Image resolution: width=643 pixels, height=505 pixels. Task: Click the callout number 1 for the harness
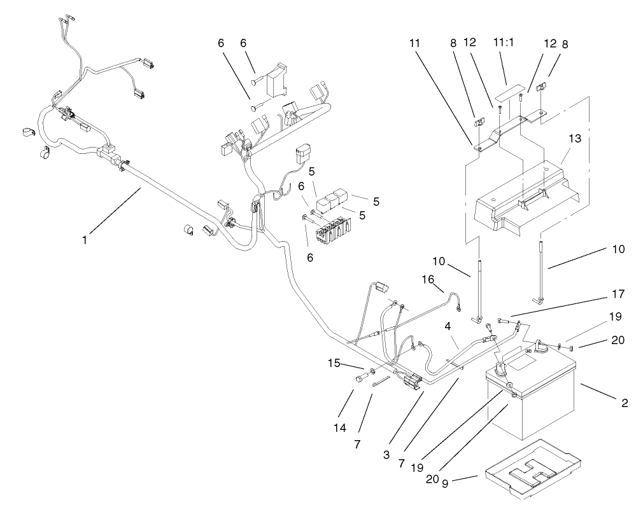[84, 240]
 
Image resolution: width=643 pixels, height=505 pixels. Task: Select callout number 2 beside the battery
[625, 402]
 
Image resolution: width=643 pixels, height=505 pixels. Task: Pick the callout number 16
[428, 279]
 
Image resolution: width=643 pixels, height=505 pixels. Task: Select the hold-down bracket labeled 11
[509, 130]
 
